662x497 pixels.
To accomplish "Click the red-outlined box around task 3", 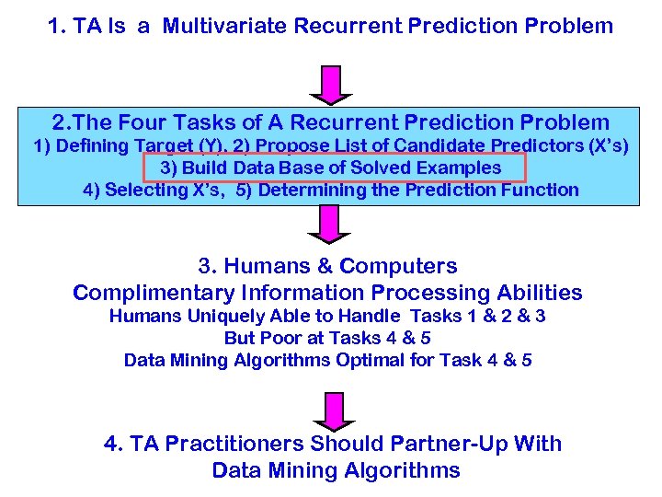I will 334,168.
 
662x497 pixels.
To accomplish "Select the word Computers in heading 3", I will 398,267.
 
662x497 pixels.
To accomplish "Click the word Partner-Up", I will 451,444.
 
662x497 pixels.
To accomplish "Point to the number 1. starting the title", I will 57,26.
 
